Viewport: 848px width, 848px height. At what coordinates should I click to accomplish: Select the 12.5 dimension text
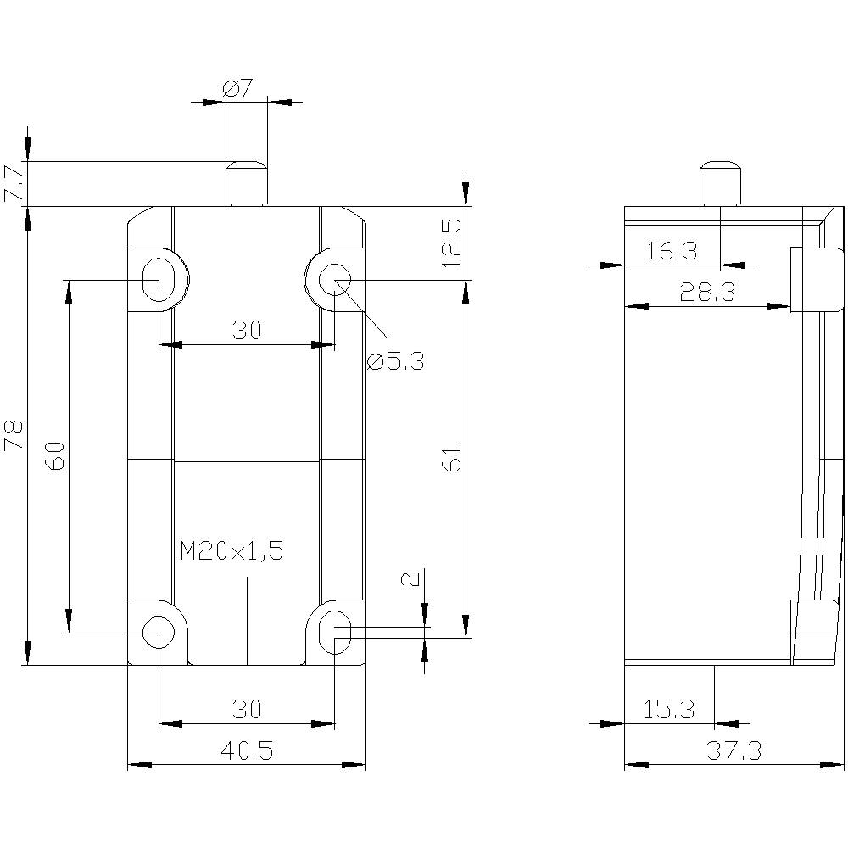pos(453,243)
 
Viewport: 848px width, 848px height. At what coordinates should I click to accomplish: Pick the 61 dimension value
pos(453,459)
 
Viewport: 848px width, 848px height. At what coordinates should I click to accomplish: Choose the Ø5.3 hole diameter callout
pos(395,362)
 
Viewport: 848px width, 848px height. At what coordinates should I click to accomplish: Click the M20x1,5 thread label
pos(232,551)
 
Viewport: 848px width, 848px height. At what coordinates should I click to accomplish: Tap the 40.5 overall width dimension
pos(247,750)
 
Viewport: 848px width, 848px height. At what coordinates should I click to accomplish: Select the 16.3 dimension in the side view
pos(672,251)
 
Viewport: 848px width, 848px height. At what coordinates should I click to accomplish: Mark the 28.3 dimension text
pos(707,293)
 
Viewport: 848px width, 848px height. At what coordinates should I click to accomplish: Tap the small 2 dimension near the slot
pos(410,579)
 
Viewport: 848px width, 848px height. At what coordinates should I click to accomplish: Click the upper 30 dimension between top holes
pos(247,330)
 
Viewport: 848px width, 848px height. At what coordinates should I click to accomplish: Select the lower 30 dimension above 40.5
pos(247,709)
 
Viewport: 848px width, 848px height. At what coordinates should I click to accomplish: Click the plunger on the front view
pos(246,182)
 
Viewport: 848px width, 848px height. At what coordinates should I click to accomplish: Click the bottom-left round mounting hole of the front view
pos(158,631)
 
